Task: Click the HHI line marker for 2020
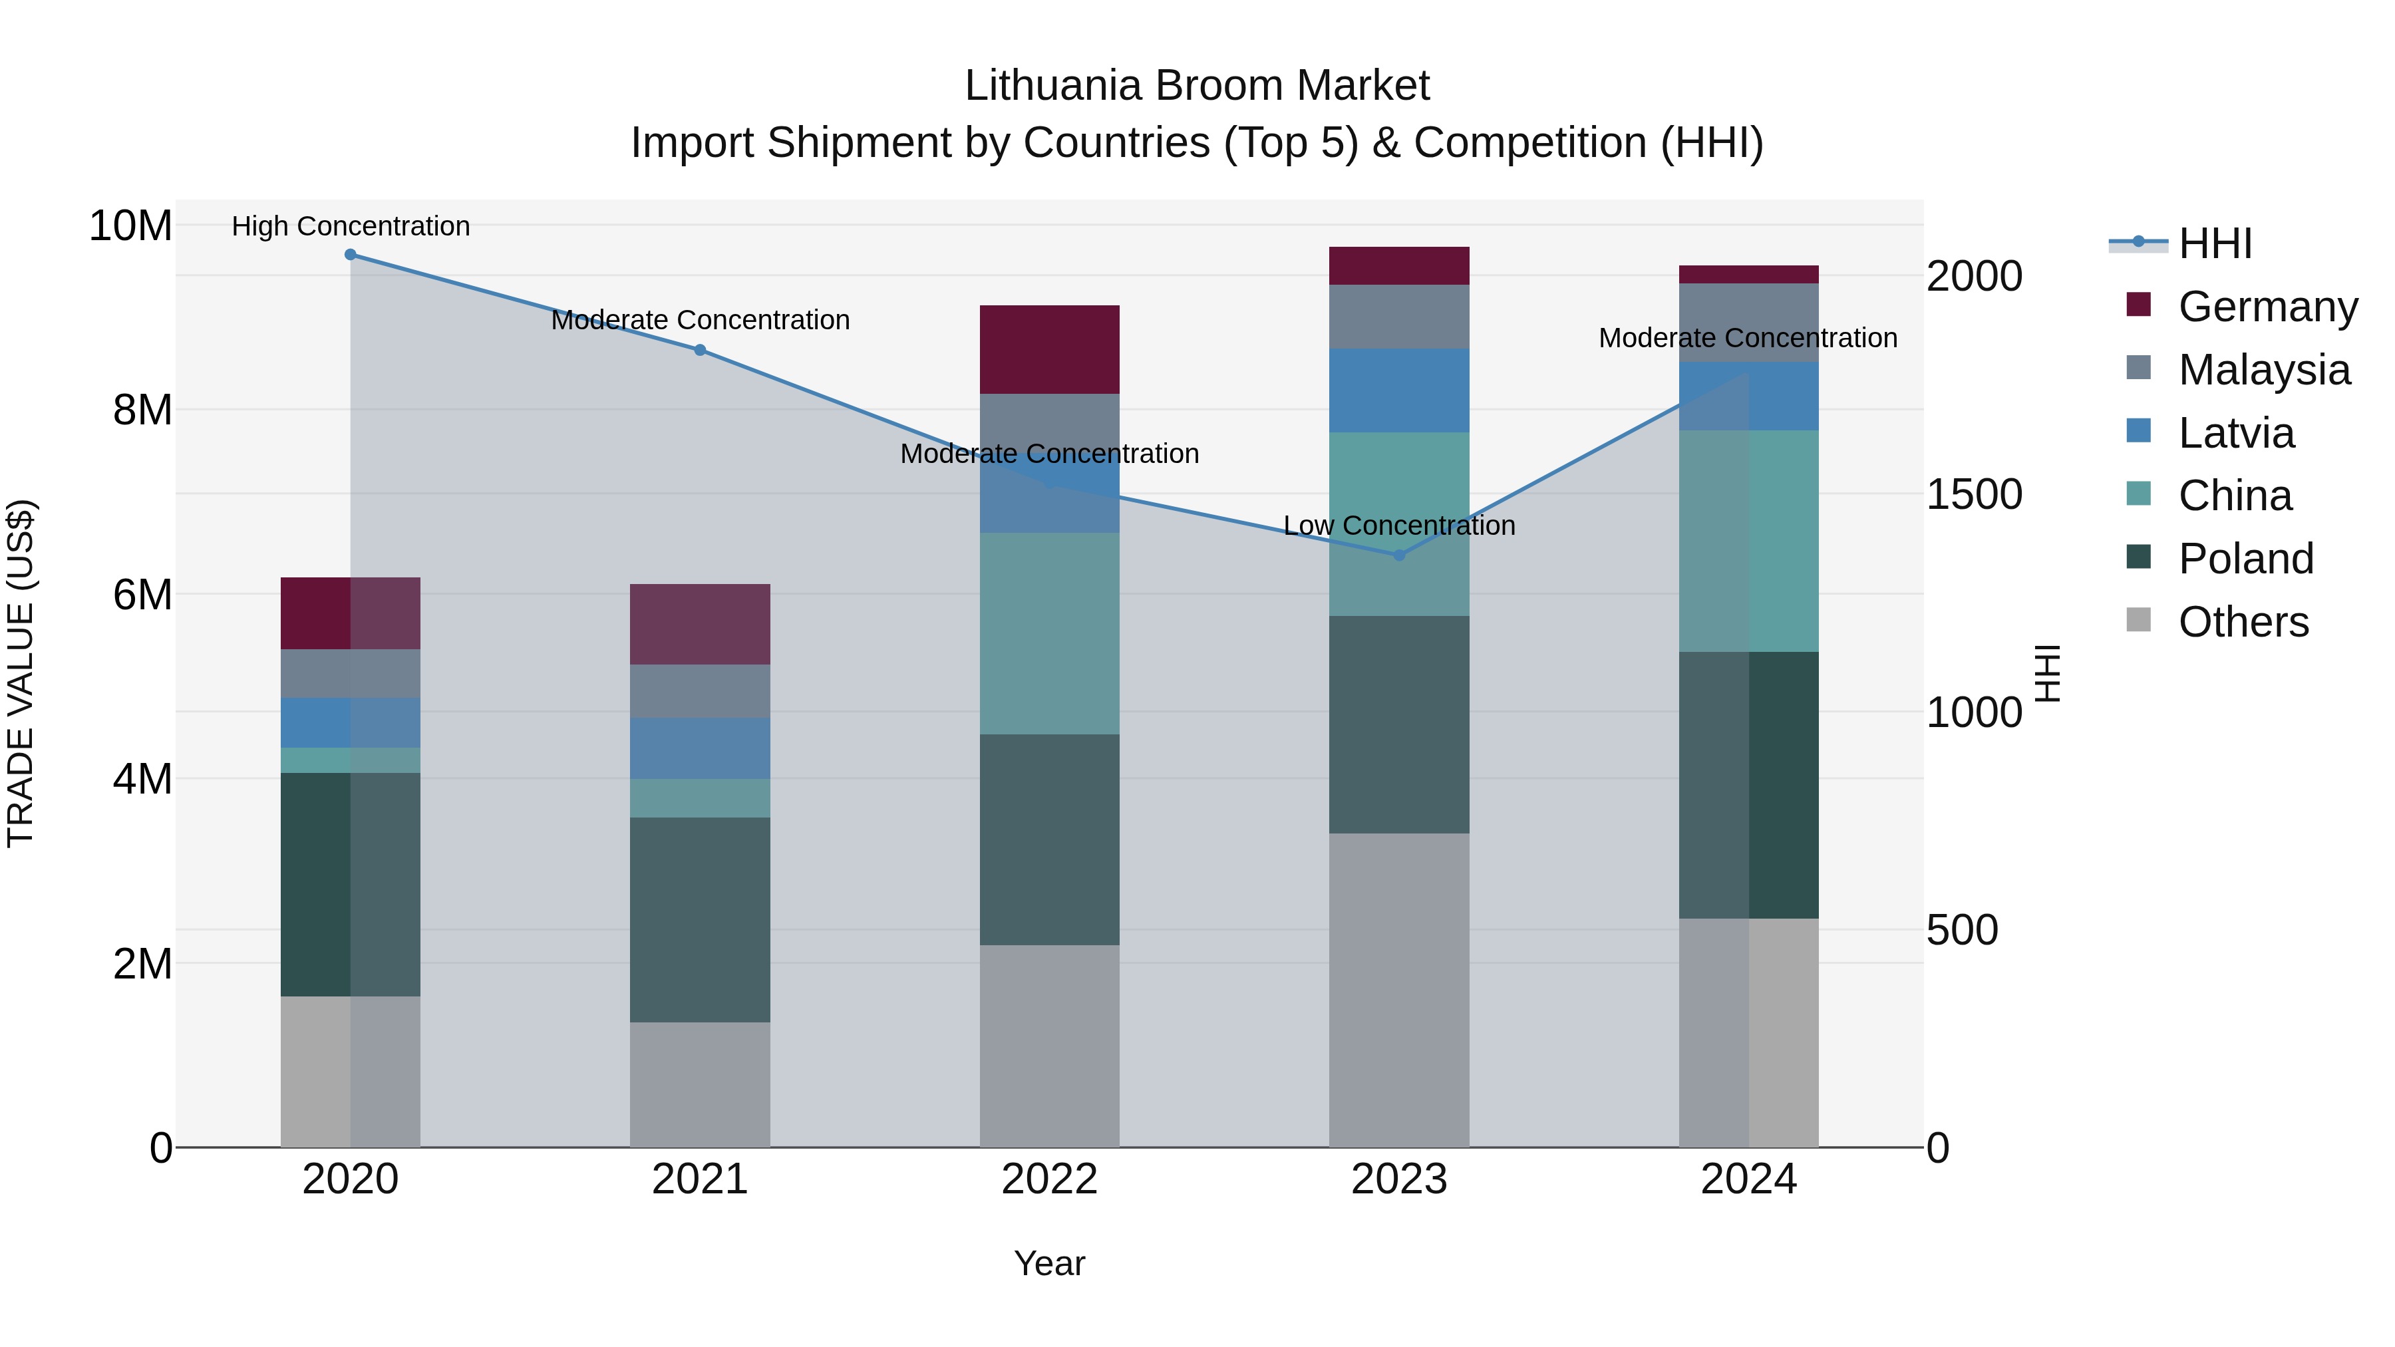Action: (x=351, y=255)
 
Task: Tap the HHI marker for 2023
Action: (x=1399, y=555)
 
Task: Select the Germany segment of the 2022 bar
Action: (x=1050, y=349)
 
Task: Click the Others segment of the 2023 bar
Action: (x=1399, y=989)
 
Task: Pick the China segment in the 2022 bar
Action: (x=1050, y=633)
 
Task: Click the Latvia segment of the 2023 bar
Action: (x=1399, y=390)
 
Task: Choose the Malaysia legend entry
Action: (x=2263, y=370)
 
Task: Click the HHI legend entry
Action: (x=2213, y=243)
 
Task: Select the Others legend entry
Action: (x=2243, y=622)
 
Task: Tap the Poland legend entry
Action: (x=2245, y=559)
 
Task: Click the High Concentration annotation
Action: (x=351, y=226)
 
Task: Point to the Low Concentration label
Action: (x=1399, y=525)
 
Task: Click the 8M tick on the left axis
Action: (x=142, y=410)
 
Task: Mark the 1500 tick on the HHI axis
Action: (x=1973, y=494)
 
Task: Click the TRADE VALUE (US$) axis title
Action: (x=21, y=673)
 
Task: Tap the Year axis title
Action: (x=1050, y=1263)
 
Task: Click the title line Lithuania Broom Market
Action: (x=1197, y=86)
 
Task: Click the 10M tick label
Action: (x=130, y=226)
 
